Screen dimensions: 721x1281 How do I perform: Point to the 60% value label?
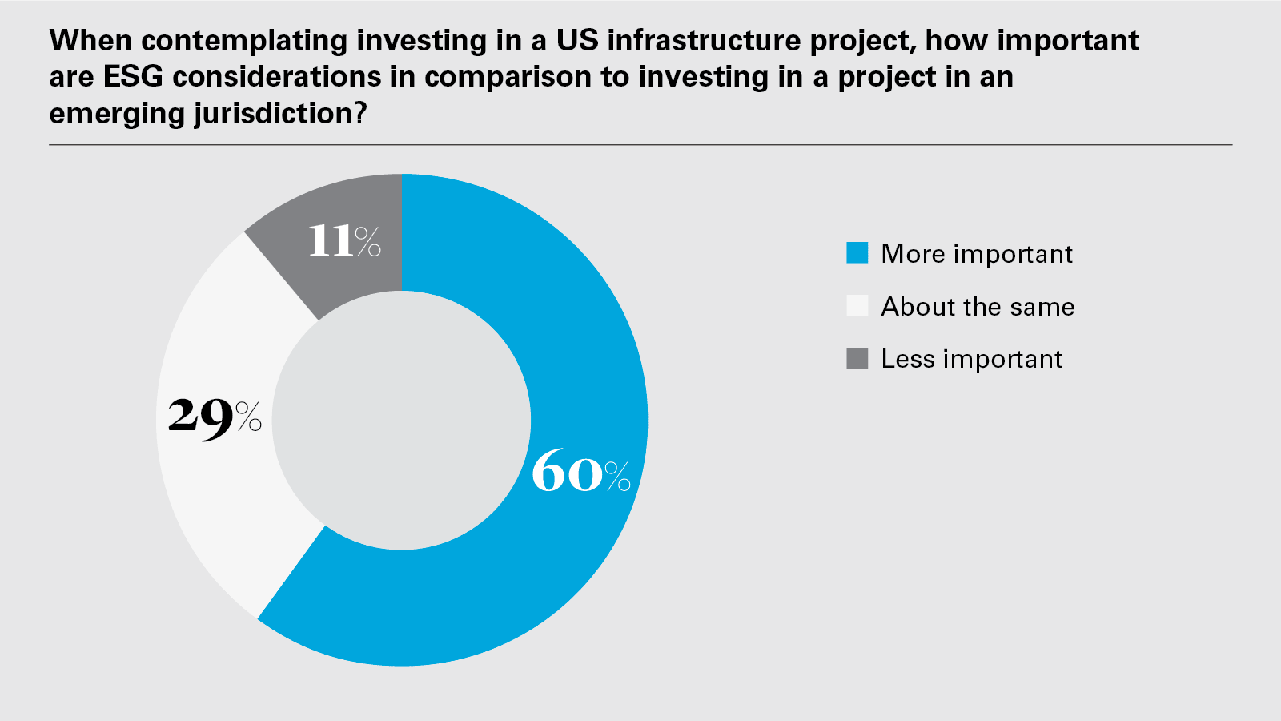tap(580, 473)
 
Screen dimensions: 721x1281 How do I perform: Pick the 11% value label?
tap(344, 240)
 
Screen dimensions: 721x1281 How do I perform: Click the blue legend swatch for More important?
tap(857, 253)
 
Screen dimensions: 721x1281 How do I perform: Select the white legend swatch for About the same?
tap(857, 306)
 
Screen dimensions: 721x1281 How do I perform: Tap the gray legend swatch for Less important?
tap(857, 359)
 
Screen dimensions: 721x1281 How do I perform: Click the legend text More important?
tap(976, 254)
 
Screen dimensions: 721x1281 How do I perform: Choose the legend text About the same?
tap(978, 307)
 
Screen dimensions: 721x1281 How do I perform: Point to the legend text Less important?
tap(971, 359)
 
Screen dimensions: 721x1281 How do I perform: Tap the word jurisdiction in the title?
tap(272, 114)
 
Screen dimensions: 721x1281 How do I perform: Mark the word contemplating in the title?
tap(245, 41)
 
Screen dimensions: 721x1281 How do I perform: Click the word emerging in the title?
tap(117, 114)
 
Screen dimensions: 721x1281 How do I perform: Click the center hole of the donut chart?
tap(401, 421)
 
